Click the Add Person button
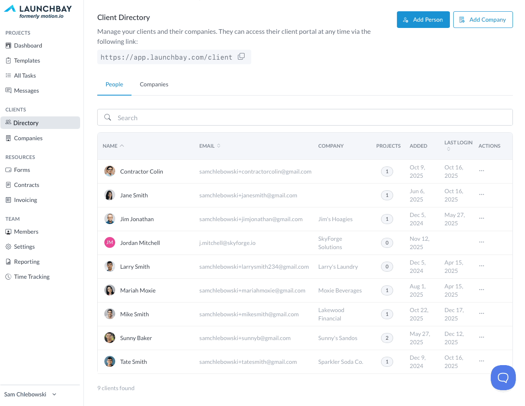(423, 20)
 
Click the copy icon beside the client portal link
(241, 57)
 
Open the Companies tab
(154, 84)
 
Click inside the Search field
(305, 118)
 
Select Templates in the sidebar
(27, 61)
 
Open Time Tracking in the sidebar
(32, 277)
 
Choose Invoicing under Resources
(25, 200)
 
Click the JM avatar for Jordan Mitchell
(110, 242)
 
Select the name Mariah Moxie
(138, 290)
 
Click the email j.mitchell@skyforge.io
(227, 243)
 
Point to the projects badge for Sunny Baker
(387, 338)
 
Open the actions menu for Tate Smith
(482, 361)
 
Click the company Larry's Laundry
(338, 267)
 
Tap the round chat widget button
(503, 378)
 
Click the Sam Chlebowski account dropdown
(30, 394)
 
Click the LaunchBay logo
(38, 11)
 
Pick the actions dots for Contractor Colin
(482, 171)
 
